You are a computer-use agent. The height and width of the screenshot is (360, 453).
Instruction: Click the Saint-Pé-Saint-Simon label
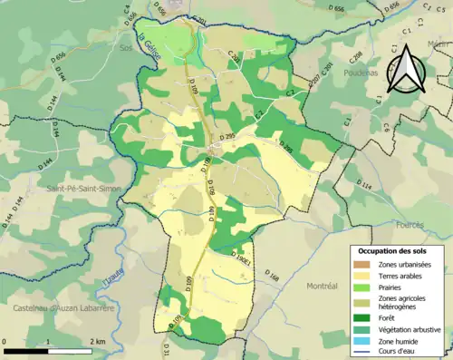click(80, 189)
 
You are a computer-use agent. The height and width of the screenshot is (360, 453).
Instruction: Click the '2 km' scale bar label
click(99, 340)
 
